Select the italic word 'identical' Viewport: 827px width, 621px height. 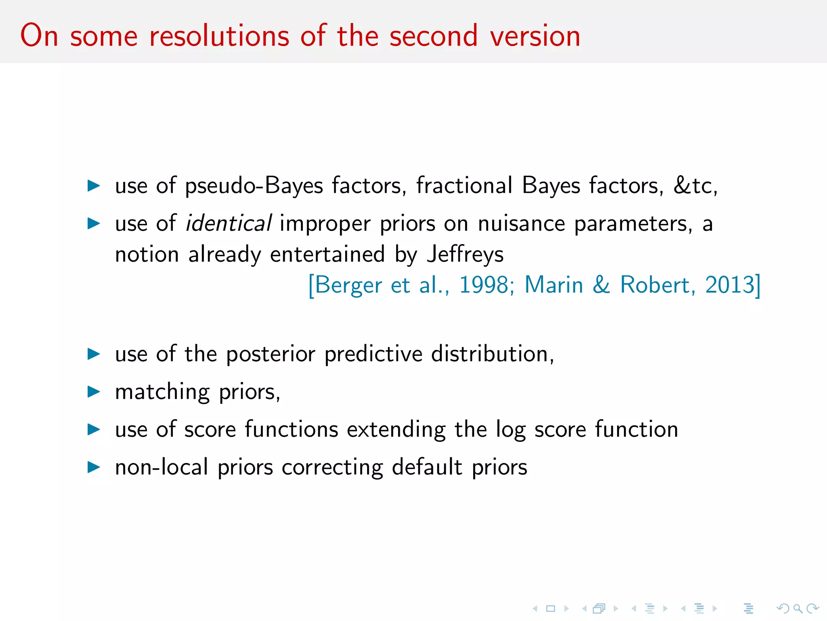pyautogui.click(x=228, y=223)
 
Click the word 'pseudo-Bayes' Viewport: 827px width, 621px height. pyautogui.click(x=254, y=186)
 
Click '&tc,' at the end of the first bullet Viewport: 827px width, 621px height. pyautogui.click(x=695, y=186)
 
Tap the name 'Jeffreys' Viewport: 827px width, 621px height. pyautogui.click(x=465, y=255)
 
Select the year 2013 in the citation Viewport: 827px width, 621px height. pyautogui.click(x=730, y=285)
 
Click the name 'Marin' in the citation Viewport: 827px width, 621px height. pyautogui.click(x=554, y=285)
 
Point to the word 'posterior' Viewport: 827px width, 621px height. pyautogui.click(x=271, y=354)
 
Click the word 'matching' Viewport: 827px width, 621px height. pyautogui.click(x=162, y=392)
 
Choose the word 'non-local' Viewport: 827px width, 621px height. pyautogui.click(x=162, y=467)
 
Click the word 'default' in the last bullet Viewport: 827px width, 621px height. pyautogui.click(x=427, y=467)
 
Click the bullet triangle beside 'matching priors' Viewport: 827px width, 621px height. pyautogui.click(x=94, y=391)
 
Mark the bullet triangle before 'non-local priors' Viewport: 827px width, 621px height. pyautogui.click(x=94, y=467)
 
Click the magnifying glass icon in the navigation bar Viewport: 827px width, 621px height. pyautogui.click(x=798, y=608)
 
